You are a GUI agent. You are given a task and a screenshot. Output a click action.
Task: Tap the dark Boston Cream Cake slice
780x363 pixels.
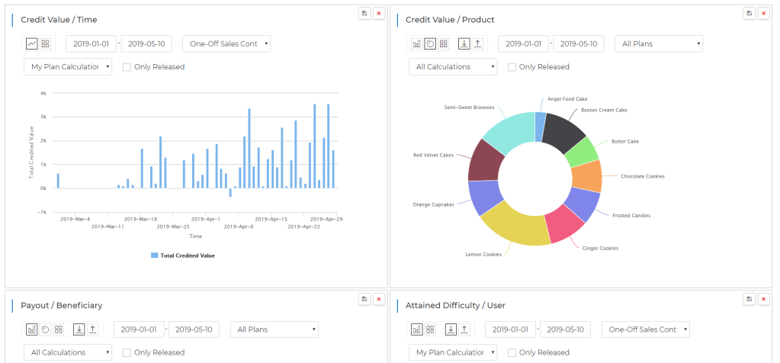[565, 131]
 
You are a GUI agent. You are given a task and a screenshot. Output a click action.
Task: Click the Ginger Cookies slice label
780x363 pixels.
[601, 248]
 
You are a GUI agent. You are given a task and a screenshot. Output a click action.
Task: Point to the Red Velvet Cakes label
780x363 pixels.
[433, 155]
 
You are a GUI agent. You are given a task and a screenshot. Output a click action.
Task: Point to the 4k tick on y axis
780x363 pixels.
[43, 93]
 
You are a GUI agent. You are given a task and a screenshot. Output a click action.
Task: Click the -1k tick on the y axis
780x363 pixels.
[43, 212]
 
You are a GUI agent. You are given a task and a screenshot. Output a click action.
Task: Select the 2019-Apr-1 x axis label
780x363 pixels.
[205, 219]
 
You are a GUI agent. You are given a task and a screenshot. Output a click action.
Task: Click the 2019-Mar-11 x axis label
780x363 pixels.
[107, 226]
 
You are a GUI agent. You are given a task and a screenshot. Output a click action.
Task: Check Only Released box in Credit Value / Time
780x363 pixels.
[127, 67]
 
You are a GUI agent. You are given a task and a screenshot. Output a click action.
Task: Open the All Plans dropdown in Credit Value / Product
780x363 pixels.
[659, 44]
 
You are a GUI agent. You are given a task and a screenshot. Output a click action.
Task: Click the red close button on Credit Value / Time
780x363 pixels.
[378, 14]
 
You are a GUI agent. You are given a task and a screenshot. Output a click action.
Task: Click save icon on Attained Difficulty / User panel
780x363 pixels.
[750, 300]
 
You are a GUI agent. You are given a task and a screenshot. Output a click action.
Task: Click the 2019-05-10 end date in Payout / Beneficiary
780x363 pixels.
[194, 329]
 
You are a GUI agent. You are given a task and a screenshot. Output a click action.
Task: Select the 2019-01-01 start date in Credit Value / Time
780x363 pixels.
[91, 44]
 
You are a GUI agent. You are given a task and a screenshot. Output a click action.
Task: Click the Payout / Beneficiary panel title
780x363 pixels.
[61, 306]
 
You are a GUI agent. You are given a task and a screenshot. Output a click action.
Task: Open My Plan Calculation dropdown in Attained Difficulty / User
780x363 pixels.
[452, 352]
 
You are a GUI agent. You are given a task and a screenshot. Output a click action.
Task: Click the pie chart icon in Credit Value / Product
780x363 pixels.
[430, 44]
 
